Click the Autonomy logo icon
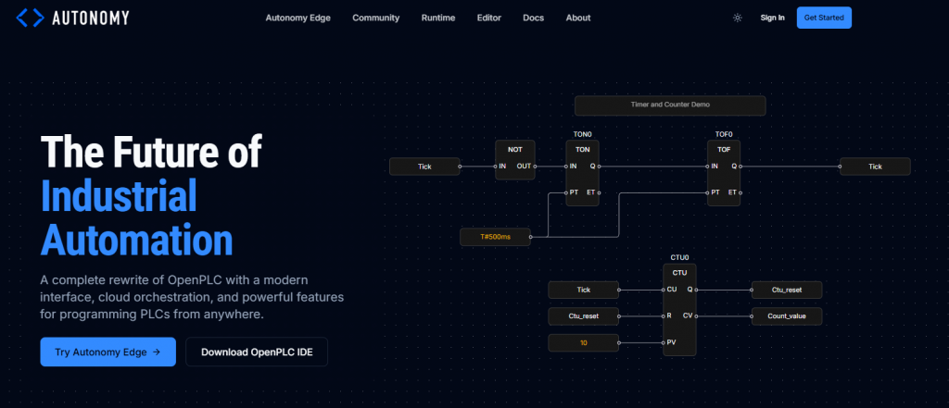point(30,17)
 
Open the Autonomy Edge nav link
point(297,18)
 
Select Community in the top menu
point(375,18)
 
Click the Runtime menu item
point(437,18)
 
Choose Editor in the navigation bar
point(488,18)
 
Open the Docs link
point(533,18)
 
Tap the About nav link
point(577,18)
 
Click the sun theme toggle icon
point(737,18)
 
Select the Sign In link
point(772,18)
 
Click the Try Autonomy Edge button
point(108,352)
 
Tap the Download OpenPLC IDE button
point(257,352)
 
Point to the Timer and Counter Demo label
point(669,105)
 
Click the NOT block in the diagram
point(514,160)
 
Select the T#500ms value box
point(496,237)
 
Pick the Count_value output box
point(786,316)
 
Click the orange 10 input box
point(583,343)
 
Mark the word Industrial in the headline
point(119,196)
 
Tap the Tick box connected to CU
point(583,290)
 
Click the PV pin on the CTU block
point(672,342)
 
